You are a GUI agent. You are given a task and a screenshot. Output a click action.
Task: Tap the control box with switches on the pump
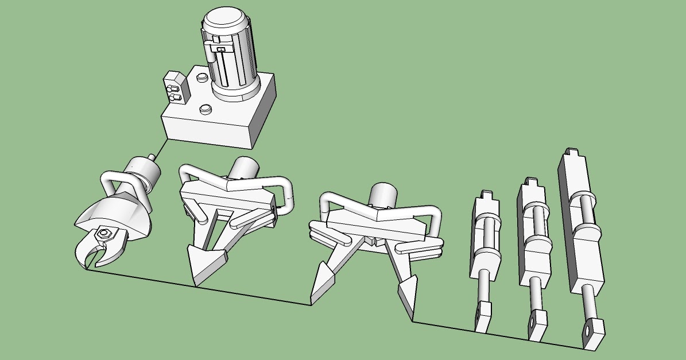[x=176, y=89]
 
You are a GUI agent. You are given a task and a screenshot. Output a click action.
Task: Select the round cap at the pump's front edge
[x=206, y=109]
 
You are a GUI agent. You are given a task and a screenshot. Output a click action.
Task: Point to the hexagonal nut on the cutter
[x=104, y=233]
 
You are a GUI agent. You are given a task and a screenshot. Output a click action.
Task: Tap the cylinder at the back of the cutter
[x=144, y=172]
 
